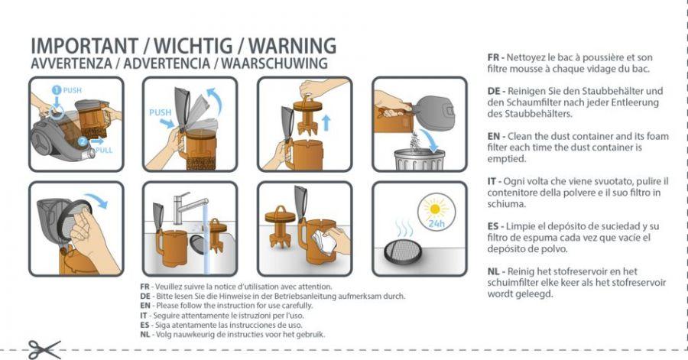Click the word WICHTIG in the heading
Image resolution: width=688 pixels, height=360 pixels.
[x=193, y=46]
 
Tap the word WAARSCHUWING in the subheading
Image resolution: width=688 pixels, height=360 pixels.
[x=274, y=63]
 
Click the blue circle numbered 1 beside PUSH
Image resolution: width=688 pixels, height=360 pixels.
[x=56, y=90]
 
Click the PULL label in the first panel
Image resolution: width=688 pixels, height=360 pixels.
[x=104, y=150]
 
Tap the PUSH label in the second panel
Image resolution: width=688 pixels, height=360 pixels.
[x=161, y=112]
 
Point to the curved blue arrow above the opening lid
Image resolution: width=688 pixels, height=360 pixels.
[x=215, y=101]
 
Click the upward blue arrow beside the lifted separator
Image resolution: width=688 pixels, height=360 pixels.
[x=326, y=123]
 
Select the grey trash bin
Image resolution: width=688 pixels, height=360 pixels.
[x=420, y=159]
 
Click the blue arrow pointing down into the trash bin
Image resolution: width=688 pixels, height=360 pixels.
[x=431, y=139]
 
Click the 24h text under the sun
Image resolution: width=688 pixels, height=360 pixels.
[x=436, y=224]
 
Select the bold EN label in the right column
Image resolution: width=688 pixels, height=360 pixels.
[x=494, y=136]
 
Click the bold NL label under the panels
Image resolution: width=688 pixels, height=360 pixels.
[x=144, y=335]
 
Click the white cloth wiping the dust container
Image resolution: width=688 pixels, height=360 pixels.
[x=323, y=242]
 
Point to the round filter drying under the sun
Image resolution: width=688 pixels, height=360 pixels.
[x=403, y=251]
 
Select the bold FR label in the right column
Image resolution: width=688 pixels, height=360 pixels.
[x=494, y=57]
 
